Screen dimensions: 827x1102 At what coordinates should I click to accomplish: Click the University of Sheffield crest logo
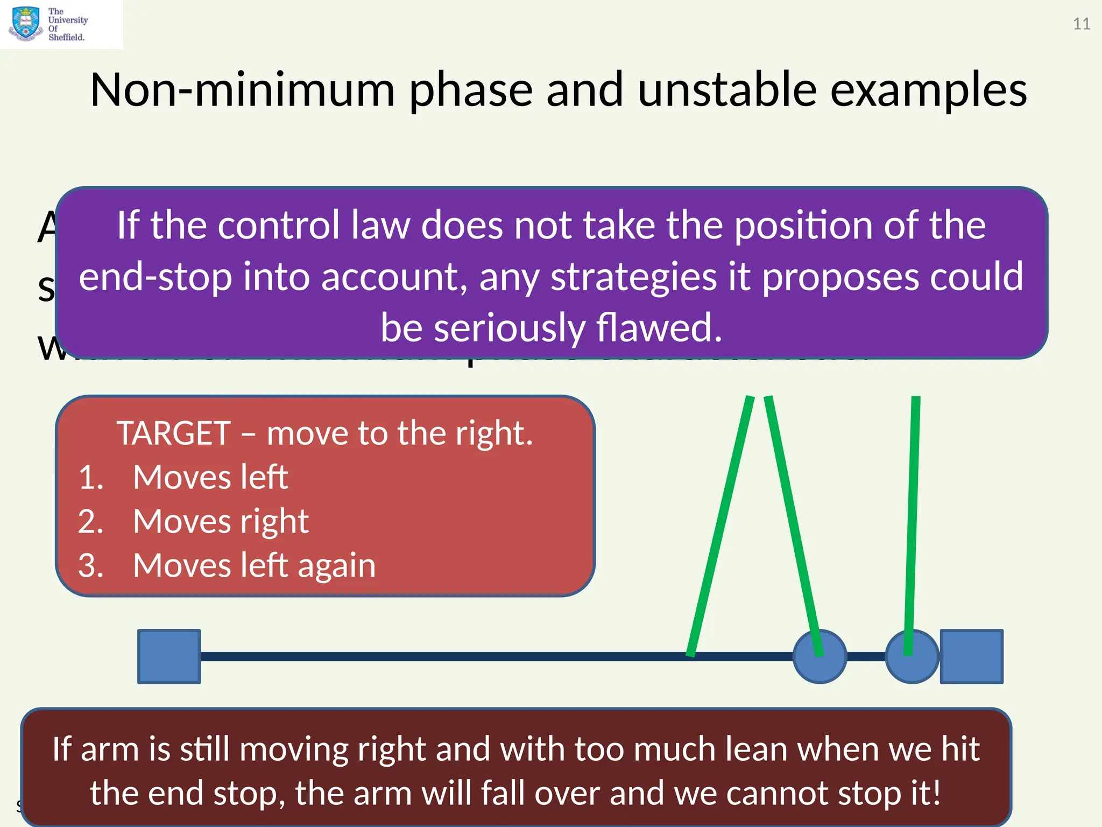[x=25, y=24]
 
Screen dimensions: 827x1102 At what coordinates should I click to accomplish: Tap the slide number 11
[x=1082, y=24]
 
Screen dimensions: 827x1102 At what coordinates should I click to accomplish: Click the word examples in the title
[x=928, y=90]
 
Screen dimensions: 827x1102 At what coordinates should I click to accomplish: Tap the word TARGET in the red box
[x=174, y=433]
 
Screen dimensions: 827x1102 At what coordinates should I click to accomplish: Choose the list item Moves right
[x=221, y=522]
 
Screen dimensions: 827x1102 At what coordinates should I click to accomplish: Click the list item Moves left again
[x=254, y=566]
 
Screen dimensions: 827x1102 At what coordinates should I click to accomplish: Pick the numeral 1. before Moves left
[x=90, y=478]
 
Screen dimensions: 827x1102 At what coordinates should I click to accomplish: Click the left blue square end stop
[x=169, y=656]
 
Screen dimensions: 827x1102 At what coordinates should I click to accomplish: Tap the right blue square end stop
[x=971, y=656]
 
